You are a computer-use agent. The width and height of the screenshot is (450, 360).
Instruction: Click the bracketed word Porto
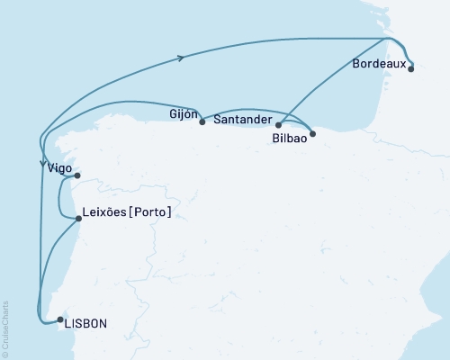[x=150, y=212]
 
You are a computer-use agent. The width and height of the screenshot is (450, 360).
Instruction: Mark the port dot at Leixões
[x=79, y=217]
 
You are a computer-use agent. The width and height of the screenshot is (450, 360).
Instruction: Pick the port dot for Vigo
[x=77, y=175]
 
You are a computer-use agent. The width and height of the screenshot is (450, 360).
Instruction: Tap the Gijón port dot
[x=202, y=121]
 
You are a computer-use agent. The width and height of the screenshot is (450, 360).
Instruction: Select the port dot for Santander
[x=278, y=125]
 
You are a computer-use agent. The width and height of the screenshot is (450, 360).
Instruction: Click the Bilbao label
[x=289, y=139]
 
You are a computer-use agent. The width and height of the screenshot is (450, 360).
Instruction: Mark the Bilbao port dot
[x=312, y=132]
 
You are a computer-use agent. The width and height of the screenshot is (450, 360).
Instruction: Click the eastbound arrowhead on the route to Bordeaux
[x=184, y=58]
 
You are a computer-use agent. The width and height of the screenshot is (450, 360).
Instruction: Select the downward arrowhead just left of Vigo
[x=42, y=164]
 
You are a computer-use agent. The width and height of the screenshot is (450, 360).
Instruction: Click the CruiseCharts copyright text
[x=6, y=328]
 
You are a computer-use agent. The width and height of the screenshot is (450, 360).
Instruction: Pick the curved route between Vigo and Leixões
[x=60, y=198]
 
